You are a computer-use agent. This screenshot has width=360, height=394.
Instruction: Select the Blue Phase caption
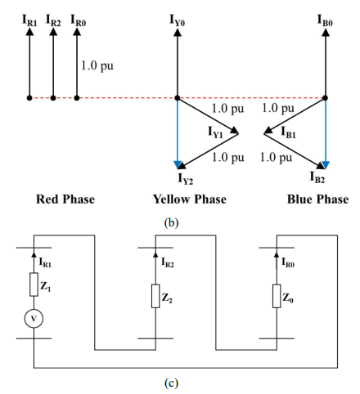(x=319, y=199)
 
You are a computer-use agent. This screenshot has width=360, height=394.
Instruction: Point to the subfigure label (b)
(x=179, y=219)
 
